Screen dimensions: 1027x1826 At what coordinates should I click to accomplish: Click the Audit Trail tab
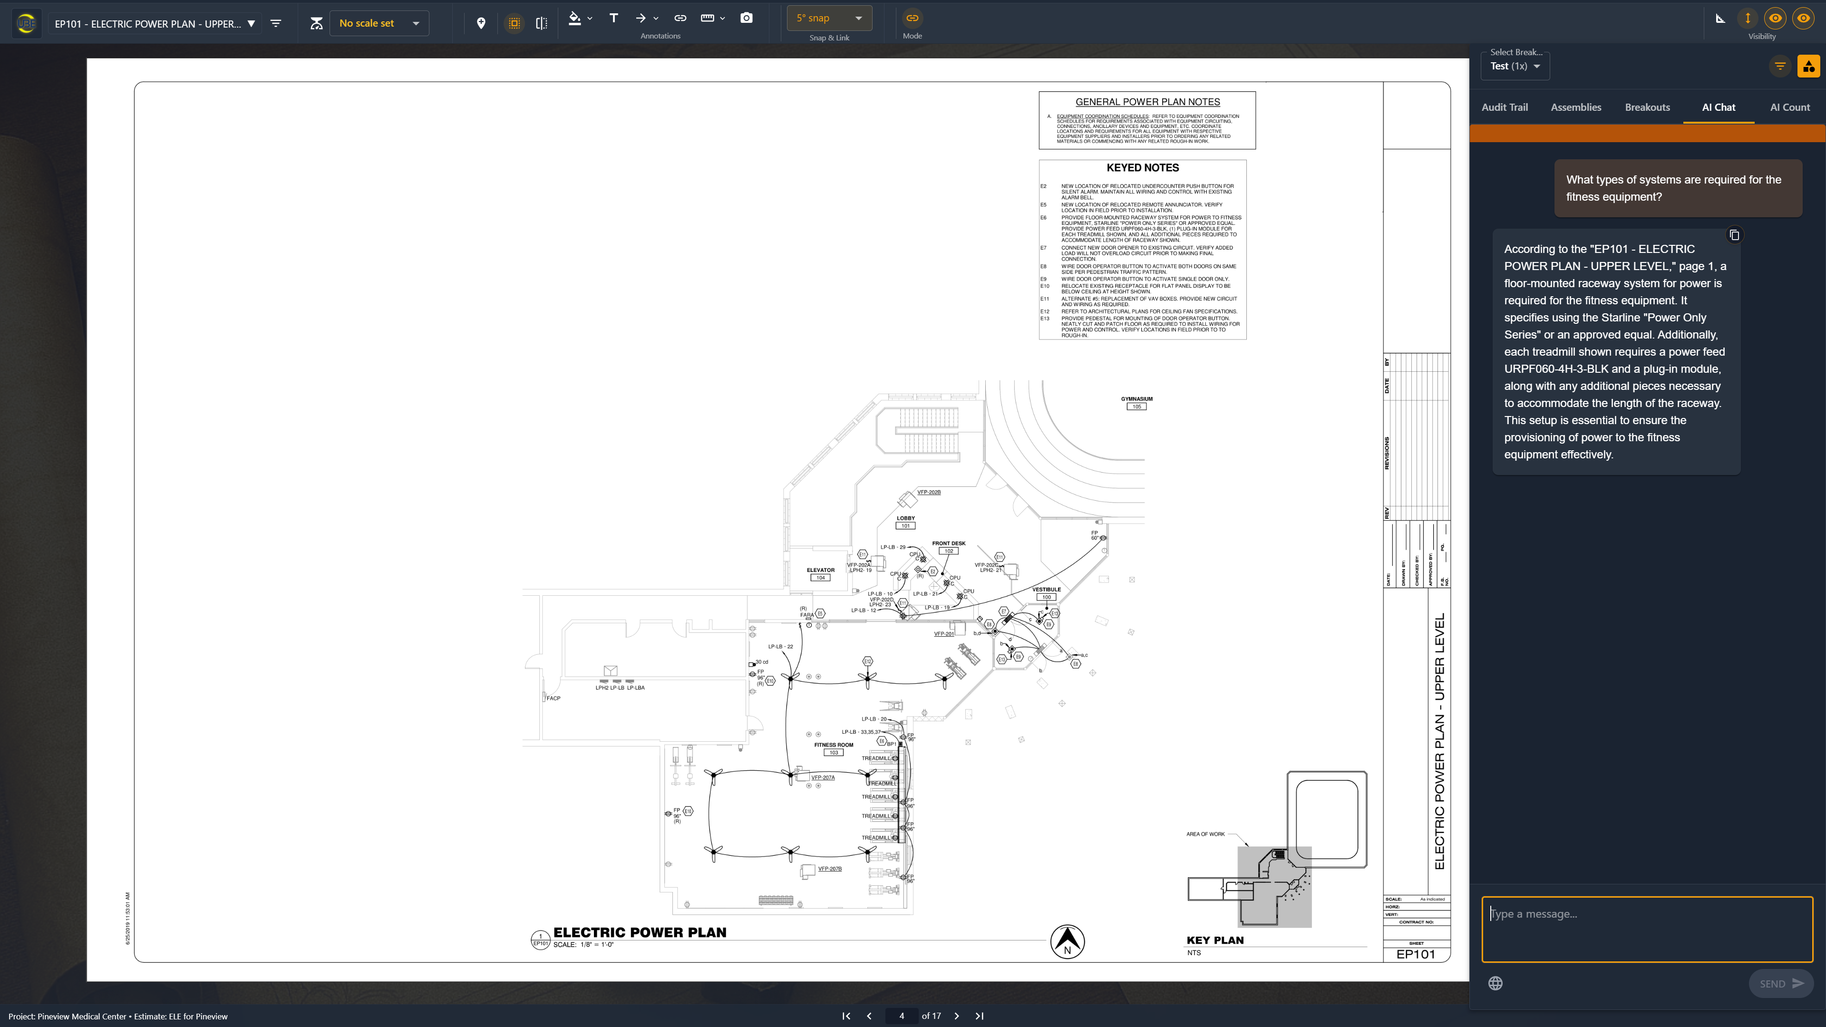1504,107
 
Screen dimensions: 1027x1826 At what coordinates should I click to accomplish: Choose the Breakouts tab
1647,107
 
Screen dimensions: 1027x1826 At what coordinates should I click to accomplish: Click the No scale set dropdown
379,23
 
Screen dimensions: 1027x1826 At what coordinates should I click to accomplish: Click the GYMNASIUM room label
1136,399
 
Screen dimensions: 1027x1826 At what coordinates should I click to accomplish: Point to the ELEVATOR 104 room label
820,571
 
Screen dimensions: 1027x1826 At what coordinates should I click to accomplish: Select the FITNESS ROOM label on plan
833,745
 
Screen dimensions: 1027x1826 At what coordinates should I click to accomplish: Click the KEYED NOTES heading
1142,168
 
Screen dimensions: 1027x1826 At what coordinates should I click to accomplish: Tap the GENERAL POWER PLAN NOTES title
1147,102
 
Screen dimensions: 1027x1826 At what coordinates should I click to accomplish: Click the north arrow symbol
1067,942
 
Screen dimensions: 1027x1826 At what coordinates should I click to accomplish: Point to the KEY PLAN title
1214,940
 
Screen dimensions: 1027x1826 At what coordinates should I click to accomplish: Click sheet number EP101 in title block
1415,954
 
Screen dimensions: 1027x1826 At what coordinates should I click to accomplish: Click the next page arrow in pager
956,1016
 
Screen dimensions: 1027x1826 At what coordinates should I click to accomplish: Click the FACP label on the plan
553,698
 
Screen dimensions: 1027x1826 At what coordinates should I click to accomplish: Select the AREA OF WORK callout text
1205,834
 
